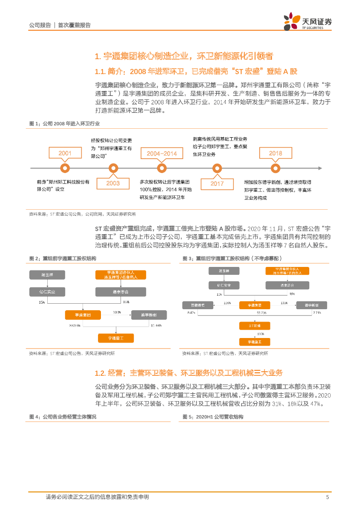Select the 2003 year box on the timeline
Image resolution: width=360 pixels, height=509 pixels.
point(113,183)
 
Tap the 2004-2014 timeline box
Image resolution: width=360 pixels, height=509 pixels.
point(162,154)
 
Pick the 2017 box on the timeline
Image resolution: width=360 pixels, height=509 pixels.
point(217,183)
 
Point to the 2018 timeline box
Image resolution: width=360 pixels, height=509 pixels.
point(275,154)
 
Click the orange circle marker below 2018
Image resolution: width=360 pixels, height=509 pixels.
point(275,168)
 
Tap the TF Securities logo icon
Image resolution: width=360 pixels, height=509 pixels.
point(290,22)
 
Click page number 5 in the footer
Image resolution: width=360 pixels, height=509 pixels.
point(327,497)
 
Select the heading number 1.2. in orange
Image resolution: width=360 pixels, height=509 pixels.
point(102,372)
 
